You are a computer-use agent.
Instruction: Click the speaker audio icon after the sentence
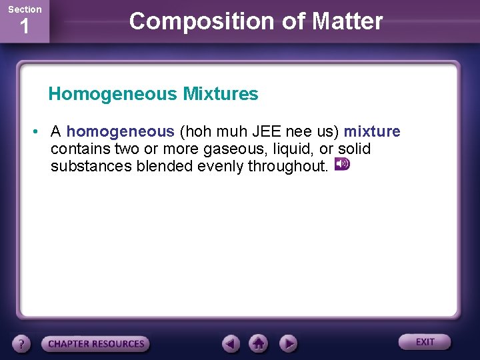[341, 164]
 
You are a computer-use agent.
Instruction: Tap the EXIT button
[425, 342]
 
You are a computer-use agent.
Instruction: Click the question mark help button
[22, 344]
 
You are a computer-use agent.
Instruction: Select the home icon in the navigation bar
[259, 343]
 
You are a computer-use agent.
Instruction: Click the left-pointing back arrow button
[231, 343]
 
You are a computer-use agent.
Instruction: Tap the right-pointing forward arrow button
[288, 343]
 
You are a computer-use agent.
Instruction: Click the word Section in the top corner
[25, 9]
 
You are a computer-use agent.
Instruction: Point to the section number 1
[25, 28]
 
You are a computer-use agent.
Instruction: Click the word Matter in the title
[347, 21]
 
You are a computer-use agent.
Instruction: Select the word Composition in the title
[190, 21]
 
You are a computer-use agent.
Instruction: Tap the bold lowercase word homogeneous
[120, 131]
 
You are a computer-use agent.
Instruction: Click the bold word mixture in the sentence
[372, 131]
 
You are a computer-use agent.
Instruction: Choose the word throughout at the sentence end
[288, 166]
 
